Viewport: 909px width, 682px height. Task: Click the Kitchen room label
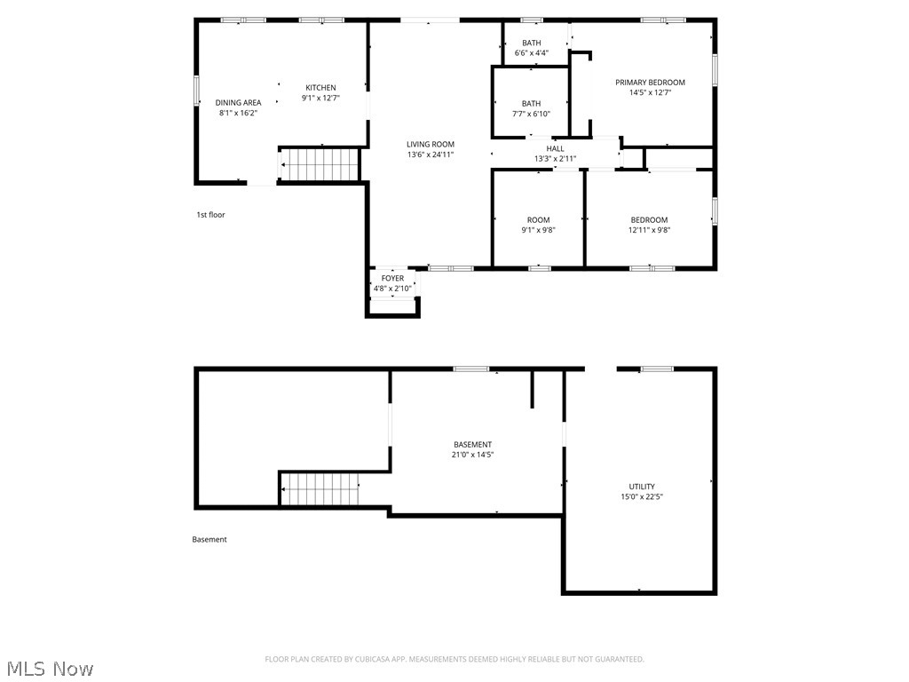[320, 87]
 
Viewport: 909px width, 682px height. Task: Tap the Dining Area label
[238, 102]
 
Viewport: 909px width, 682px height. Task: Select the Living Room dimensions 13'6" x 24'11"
[431, 155]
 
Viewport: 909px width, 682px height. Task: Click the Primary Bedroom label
[650, 83]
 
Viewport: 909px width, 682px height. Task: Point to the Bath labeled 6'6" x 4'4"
[531, 47]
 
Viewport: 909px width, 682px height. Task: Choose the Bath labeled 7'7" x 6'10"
[531, 108]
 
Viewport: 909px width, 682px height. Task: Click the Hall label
[555, 148]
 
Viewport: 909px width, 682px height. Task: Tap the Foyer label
[392, 279]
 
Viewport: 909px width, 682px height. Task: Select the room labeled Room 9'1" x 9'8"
[538, 225]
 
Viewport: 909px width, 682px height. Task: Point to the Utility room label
[642, 487]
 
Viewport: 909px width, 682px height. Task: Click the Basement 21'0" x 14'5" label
[472, 445]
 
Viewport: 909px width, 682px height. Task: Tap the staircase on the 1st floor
[320, 164]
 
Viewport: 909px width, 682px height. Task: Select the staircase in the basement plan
[320, 488]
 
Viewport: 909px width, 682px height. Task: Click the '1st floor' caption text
[210, 214]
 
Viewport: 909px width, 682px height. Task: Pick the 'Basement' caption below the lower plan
[209, 539]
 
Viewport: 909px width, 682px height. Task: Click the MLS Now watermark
[49, 668]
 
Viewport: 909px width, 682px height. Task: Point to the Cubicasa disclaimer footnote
[454, 659]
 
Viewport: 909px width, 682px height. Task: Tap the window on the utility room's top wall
[657, 369]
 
